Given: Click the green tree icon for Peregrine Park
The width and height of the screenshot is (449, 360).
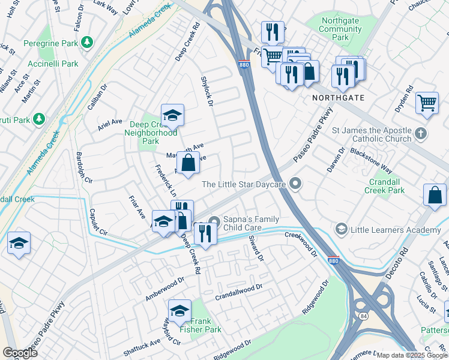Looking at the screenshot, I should coord(88,42).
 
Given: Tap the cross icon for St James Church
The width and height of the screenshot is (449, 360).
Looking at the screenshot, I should coord(422,133).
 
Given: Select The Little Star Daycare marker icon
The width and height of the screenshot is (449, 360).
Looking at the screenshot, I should coord(295,184).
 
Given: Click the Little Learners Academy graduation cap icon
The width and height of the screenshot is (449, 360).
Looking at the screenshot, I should coord(341,229).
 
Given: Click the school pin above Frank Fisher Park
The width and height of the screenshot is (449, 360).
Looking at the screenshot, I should coord(179,311).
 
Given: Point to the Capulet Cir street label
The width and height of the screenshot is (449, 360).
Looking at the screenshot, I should coord(98,223).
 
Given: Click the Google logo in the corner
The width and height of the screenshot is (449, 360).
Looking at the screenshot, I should coord(20,353).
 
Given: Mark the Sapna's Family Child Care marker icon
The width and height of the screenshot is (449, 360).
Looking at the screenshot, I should coord(214,223).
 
